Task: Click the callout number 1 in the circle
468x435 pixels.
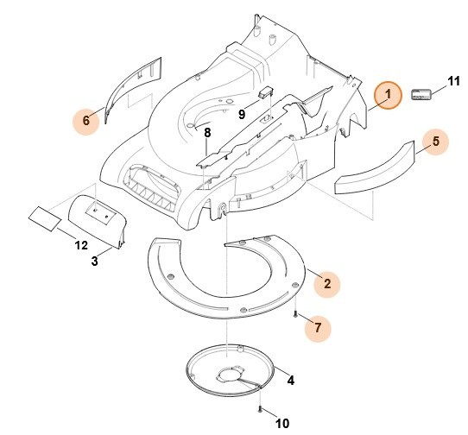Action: tap(388, 95)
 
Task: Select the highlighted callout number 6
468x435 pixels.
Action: tap(86, 121)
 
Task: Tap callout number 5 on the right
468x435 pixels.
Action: tap(436, 142)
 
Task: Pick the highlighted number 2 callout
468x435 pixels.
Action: tap(327, 284)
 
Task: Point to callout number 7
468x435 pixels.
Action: tap(318, 328)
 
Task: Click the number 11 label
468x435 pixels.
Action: tap(453, 81)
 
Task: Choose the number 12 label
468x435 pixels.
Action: tap(81, 245)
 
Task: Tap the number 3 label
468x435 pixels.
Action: tap(94, 262)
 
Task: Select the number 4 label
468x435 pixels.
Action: tap(290, 381)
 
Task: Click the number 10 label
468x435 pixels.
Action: tap(282, 424)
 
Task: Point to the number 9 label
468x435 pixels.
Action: tap(242, 114)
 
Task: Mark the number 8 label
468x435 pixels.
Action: tap(207, 133)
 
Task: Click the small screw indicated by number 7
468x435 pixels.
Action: tap(295, 313)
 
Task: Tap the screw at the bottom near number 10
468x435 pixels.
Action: tap(260, 409)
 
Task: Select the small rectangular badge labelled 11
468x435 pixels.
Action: tap(421, 94)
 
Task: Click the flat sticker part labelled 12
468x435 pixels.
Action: tap(45, 218)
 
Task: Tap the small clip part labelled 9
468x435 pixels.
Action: tap(266, 92)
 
